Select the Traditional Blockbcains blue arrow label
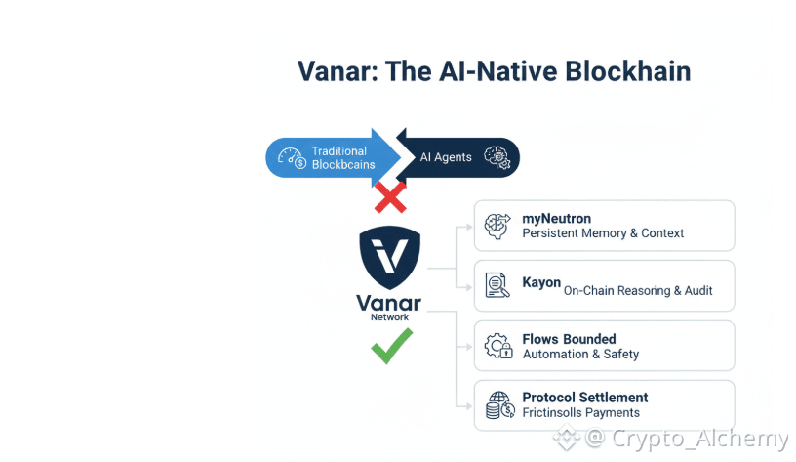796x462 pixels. (x=339, y=157)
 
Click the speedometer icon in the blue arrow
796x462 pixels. (x=292, y=157)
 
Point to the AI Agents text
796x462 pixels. (x=446, y=157)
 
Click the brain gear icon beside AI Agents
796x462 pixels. (x=497, y=157)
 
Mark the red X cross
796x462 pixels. (x=390, y=198)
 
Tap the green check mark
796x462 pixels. (x=390, y=345)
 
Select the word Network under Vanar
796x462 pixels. (x=390, y=317)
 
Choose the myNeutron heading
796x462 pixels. (x=557, y=219)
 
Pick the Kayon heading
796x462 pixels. (x=541, y=282)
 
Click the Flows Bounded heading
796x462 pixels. (x=569, y=339)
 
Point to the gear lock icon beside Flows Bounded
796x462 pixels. (x=498, y=346)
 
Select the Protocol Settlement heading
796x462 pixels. (x=585, y=398)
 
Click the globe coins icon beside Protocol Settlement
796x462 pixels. (x=498, y=405)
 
